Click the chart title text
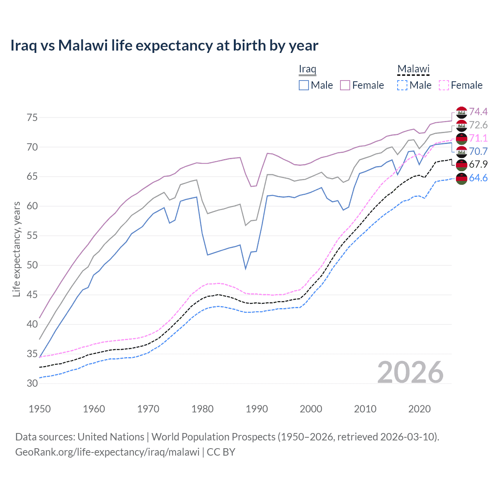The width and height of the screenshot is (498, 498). tap(164, 46)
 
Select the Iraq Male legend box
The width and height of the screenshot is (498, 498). tap(304, 85)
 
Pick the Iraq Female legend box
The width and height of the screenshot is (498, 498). tap(345, 85)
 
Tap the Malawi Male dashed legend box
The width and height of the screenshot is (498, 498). tap(402, 85)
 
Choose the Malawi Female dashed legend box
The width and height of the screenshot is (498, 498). tap(444, 85)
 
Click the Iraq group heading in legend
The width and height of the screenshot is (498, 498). tap(307, 69)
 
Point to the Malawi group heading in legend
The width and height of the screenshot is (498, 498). tap(413, 69)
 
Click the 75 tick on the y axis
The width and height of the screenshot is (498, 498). tap(32, 117)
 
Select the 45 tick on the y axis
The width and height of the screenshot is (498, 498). tap(32, 295)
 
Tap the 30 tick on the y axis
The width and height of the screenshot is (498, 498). tap(32, 383)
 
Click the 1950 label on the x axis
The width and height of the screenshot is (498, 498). tap(40, 409)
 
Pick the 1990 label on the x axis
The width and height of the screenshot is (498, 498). tap(257, 409)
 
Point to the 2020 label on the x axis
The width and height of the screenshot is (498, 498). tap(419, 409)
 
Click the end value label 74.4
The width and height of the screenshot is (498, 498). tap(478, 112)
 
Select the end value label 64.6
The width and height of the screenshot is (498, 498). tap(478, 178)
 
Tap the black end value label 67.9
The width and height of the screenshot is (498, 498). tap(478, 165)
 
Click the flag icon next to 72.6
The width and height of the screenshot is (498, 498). tap(461, 126)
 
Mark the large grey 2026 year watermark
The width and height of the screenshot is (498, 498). tap(410, 372)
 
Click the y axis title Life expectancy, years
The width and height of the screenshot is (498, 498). tap(17, 249)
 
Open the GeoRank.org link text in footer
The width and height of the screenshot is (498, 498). tap(107, 452)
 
